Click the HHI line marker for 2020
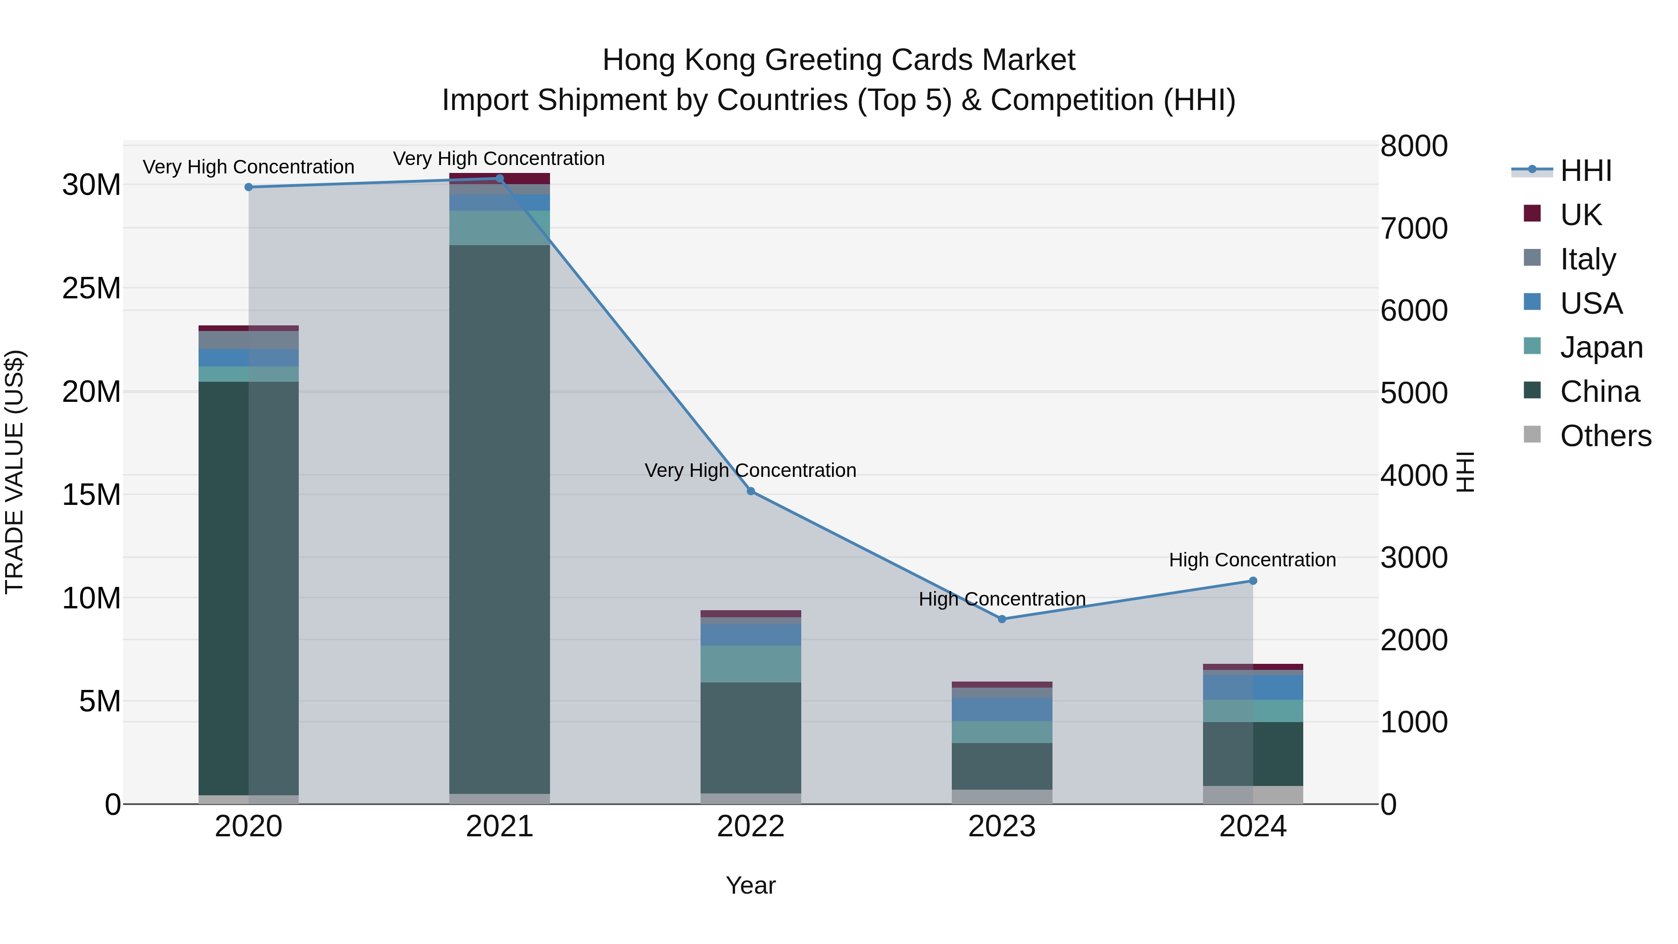(x=248, y=187)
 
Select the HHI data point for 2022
(x=750, y=491)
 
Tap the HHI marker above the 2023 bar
(x=1002, y=619)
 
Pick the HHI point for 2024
(x=1252, y=580)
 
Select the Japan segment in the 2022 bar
(x=750, y=664)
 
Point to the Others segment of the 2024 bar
(x=1252, y=795)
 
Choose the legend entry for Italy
(x=1588, y=259)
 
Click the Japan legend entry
(x=1601, y=347)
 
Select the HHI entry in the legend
(x=1585, y=171)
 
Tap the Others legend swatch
(x=1532, y=434)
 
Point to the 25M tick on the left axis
(x=91, y=288)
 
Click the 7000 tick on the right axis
(x=1414, y=228)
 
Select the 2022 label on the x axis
(x=750, y=827)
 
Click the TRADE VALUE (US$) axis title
(x=14, y=472)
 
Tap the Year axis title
(x=750, y=885)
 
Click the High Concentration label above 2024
(x=1252, y=559)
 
